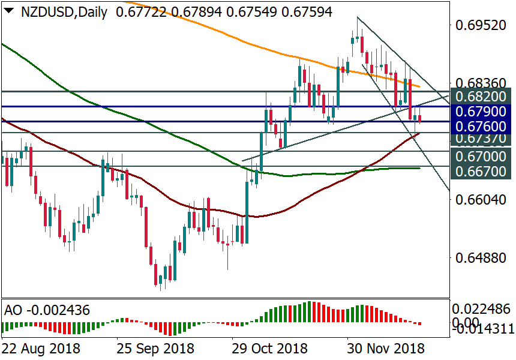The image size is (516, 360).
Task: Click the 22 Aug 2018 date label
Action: [40, 348]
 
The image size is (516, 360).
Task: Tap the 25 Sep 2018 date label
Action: [155, 348]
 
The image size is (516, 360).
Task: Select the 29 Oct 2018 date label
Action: [271, 348]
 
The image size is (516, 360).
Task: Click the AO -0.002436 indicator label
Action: [47, 310]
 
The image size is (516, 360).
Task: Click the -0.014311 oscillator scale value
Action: [483, 328]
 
